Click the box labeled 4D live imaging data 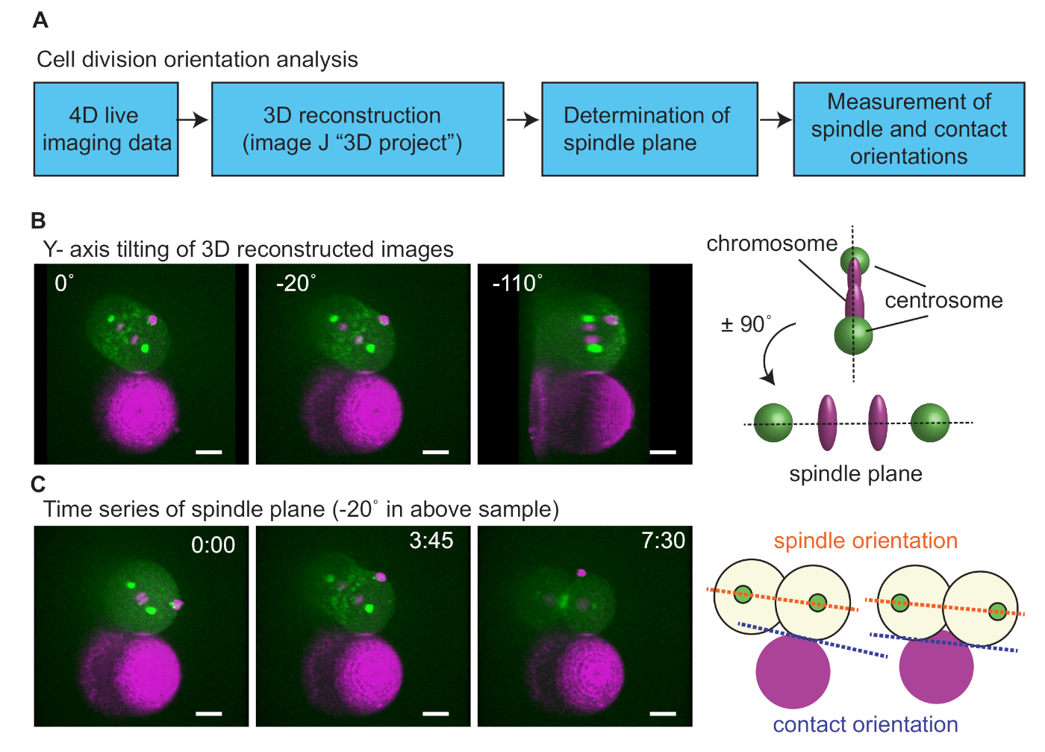[x=106, y=129]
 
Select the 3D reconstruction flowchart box [x=358, y=129]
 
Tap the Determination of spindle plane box [x=649, y=129]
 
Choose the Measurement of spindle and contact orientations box [x=908, y=129]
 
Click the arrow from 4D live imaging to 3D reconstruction [x=194, y=119]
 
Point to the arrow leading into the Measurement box [x=776, y=119]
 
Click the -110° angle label [x=517, y=284]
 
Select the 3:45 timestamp [x=431, y=541]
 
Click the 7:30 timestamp [x=663, y=541]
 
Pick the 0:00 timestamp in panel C [x=213, y=545]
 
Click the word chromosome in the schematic [x=772, y=243]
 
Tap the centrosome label [x=943, y=300]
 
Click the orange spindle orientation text [x=865, y=541]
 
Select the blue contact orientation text [x=865, y=724]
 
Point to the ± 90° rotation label [x=746, y=324]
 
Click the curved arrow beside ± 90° [x=773, y=355]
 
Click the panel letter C [x=39, y=485]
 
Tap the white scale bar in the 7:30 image [x=663, y=714]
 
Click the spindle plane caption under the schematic [x=855, y=473]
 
